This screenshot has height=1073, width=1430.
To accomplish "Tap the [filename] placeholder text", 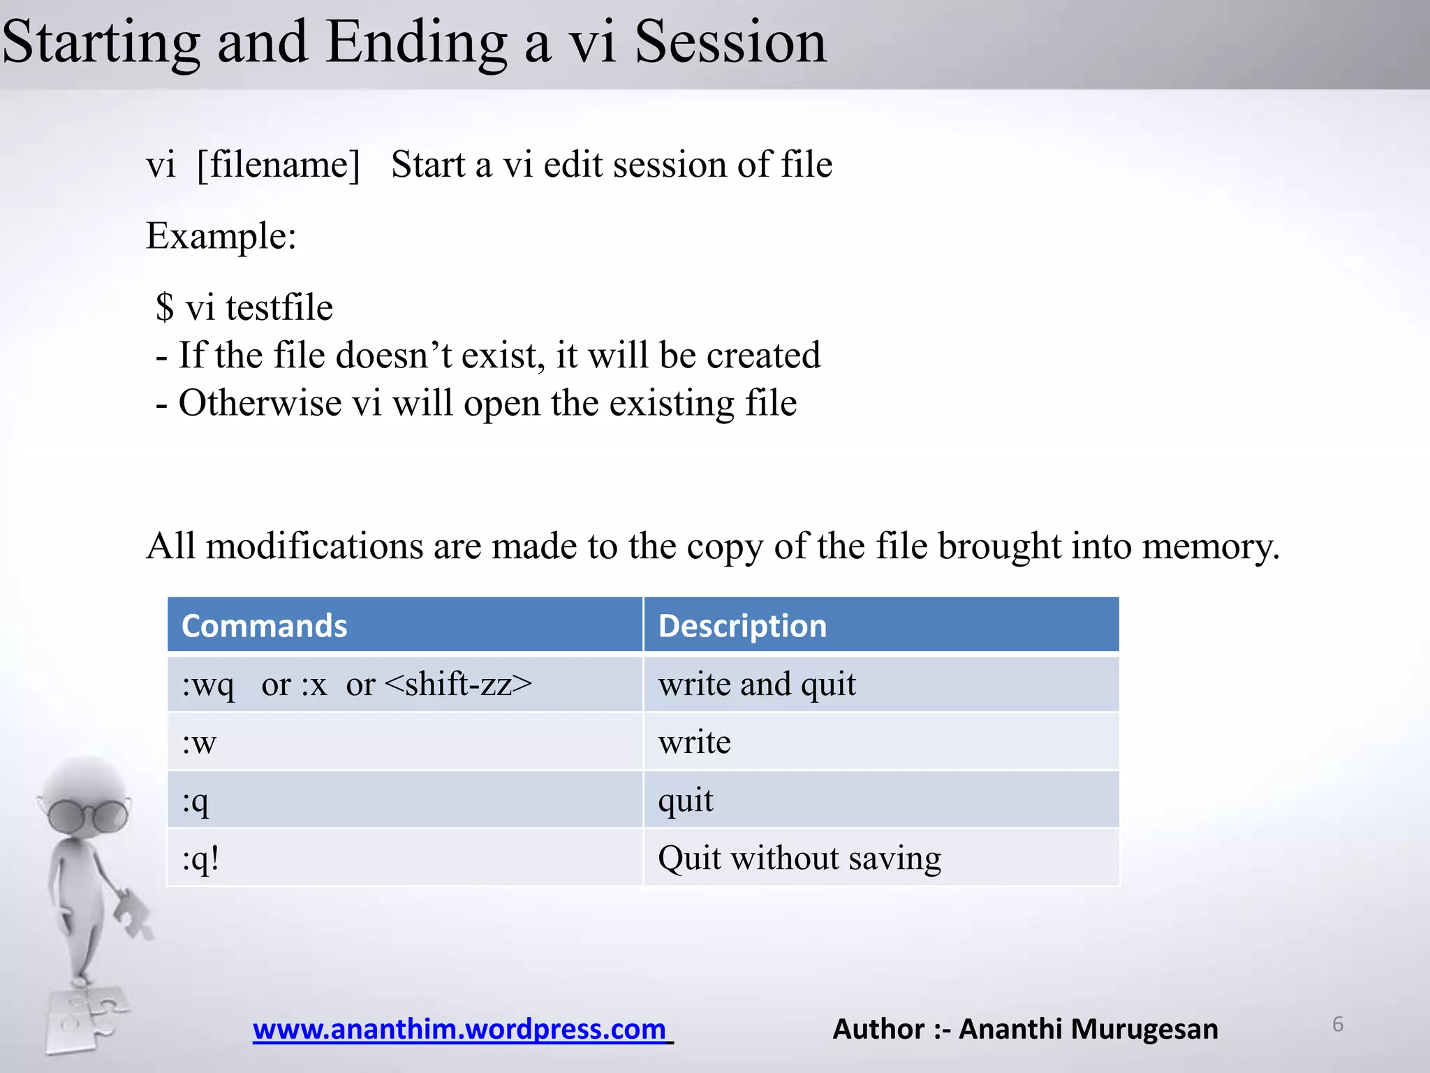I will [x=278, y=166].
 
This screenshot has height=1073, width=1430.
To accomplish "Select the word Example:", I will [x=221, y=236].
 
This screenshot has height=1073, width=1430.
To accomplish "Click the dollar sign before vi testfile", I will [x=165, y=307].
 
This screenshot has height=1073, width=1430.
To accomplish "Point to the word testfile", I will [x=279, y=307].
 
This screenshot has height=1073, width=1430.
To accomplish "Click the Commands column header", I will [x=264, y=626].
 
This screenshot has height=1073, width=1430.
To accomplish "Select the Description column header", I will [x=742, y=626].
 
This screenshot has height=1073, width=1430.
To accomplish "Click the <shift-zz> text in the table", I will [x=458, y=684].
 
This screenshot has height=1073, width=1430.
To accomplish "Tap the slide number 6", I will [x=1337, y=1024].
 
